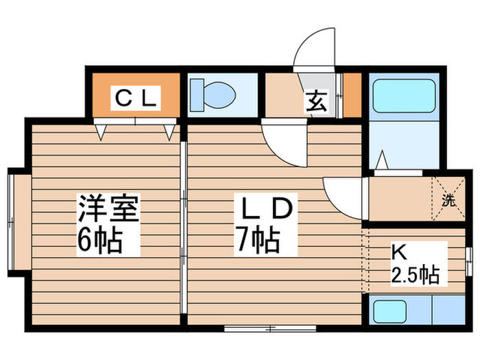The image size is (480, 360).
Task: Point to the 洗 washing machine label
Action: [x=447, y=201]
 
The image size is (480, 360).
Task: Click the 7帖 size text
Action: [x=256, y=240]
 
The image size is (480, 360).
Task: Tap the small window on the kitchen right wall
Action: [x=468, y=260]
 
